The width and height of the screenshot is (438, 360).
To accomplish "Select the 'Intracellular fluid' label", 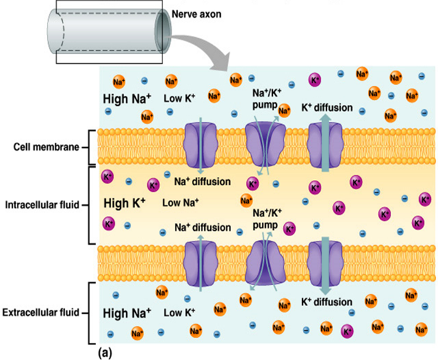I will [40, 205].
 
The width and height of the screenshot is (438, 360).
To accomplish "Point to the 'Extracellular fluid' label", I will [40, 312].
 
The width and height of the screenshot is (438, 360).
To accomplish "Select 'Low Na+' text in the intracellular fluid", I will [181, 202].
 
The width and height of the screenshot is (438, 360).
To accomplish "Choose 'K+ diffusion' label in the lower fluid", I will [326, 301].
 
